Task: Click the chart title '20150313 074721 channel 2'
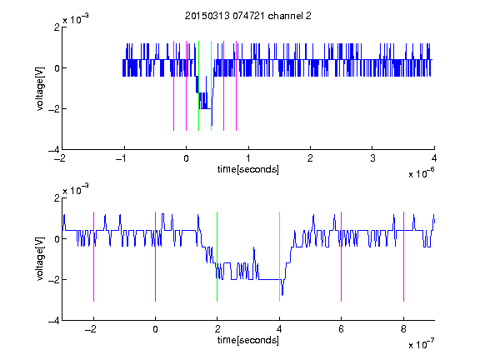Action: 248,16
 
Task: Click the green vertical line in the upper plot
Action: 198,86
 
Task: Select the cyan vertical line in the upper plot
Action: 211,86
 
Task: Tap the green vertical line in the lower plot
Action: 217,257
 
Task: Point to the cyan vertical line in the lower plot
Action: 279,257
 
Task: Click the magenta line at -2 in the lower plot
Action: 93,257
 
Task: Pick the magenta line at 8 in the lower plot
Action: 404,257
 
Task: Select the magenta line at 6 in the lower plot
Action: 342,257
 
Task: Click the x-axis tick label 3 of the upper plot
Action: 372,158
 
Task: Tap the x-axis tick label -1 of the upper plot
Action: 121,158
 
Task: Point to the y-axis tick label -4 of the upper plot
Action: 54,150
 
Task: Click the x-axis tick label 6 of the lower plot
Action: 342,329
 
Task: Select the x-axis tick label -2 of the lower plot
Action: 91,329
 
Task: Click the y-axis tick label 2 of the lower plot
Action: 57,198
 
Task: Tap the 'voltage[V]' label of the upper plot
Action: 40,88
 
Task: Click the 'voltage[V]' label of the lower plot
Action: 40,259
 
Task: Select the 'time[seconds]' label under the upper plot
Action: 248,169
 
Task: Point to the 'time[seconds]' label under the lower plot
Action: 248,340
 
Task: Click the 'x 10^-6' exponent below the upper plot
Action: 422,173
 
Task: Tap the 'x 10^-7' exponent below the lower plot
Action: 422,344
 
